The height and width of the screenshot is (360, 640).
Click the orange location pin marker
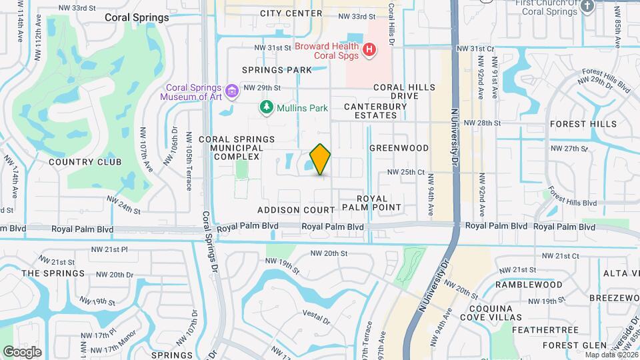tap(320, 159)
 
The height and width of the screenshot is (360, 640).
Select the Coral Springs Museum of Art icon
tap(232, 91)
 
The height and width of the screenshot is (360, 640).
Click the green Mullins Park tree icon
tap(266, 107)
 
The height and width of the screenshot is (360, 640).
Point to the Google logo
tap(22, 351)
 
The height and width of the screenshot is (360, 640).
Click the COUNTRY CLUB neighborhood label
tap(85, 162)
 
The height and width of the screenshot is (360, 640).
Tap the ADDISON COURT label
tap(296, 210)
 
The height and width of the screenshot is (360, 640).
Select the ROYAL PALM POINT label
tap(372, 203)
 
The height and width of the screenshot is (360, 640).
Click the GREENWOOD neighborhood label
tap(399, 147)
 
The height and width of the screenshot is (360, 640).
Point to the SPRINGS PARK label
tap(277, 69)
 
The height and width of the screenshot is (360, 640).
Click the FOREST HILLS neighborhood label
tap(583, 124)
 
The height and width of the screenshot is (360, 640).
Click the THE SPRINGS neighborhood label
tap(53, 273)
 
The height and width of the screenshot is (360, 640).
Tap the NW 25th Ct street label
tap(407, 172)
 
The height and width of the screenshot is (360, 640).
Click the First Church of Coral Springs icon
tap(587, 6)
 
